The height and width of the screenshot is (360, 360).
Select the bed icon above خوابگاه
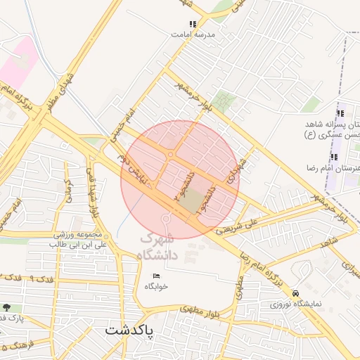pos(156,275)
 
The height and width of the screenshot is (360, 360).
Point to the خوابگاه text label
pos(157,286)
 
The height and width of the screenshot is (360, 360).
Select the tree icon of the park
pos(7,307)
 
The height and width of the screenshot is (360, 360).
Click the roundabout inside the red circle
pos(171,155)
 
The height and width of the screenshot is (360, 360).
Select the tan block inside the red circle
pos(192,202)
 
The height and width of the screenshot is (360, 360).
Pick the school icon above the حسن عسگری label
pos(340,114)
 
